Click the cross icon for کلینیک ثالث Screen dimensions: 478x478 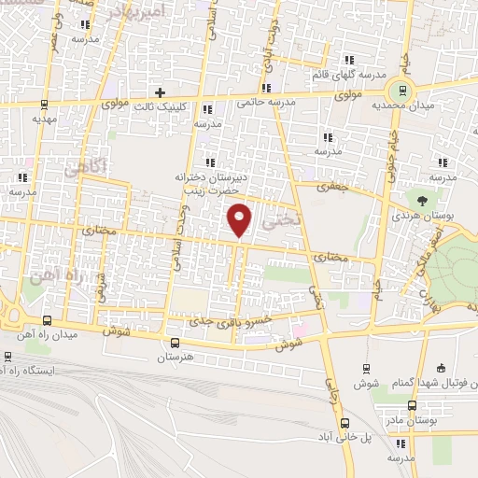161,92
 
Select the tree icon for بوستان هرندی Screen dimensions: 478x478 425,198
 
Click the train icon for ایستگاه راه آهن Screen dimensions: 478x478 8,356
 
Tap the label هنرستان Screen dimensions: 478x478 175,358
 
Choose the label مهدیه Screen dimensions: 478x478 45,119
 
